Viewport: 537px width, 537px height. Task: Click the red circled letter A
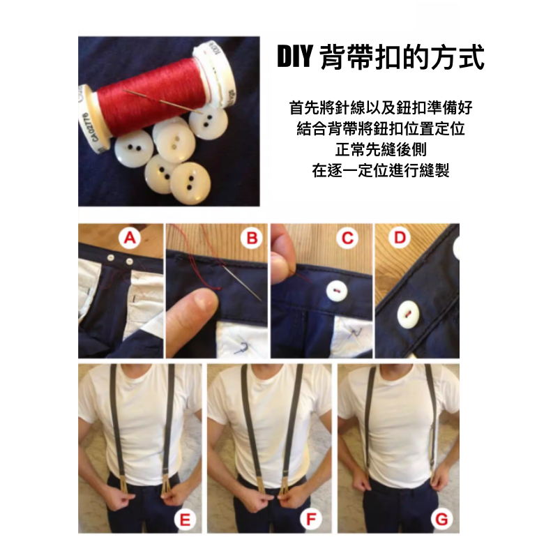pos(129,239)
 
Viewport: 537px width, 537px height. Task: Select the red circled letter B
pos(251,239)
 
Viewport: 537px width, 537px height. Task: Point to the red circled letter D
pos(399,239)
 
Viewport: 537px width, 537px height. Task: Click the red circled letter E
pos(186,519)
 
